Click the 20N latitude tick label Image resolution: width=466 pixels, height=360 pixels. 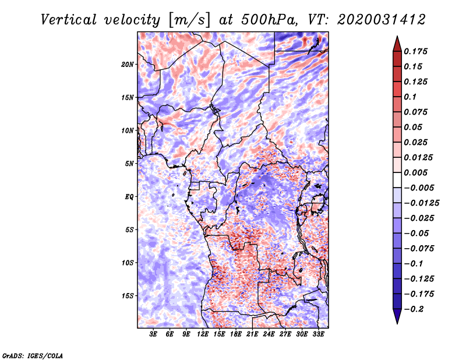pos(128,65)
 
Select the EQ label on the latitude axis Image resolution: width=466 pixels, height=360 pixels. pos(129,197)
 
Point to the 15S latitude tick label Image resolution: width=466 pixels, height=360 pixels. pos(128,296)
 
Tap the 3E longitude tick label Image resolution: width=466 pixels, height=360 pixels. pos(153,334)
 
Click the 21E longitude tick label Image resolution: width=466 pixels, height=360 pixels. pos(252,334)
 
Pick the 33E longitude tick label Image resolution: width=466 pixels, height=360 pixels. pos(318,334)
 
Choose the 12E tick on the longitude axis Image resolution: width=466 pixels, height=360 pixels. pos(202,334)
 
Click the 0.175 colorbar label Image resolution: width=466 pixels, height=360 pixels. pos(415,51)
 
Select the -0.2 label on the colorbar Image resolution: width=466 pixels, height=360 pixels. pos(414,309)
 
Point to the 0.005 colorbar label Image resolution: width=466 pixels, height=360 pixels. pos(415,172)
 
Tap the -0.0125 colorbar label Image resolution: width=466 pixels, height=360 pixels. pos(421,203)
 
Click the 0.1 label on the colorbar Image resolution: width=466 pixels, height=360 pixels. pos(410,97)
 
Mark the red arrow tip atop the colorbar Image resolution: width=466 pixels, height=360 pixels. pos(397,36)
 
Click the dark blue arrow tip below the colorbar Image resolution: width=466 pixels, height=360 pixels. pos(397,323)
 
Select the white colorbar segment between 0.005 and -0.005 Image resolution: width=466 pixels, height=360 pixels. pos(397,180)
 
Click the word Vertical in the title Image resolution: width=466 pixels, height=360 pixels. pos(69,20)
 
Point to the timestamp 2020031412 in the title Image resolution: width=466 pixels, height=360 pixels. pos(382,20)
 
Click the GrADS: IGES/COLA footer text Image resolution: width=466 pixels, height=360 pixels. pos(33,355)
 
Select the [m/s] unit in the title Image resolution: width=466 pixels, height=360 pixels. pos(189,20)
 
